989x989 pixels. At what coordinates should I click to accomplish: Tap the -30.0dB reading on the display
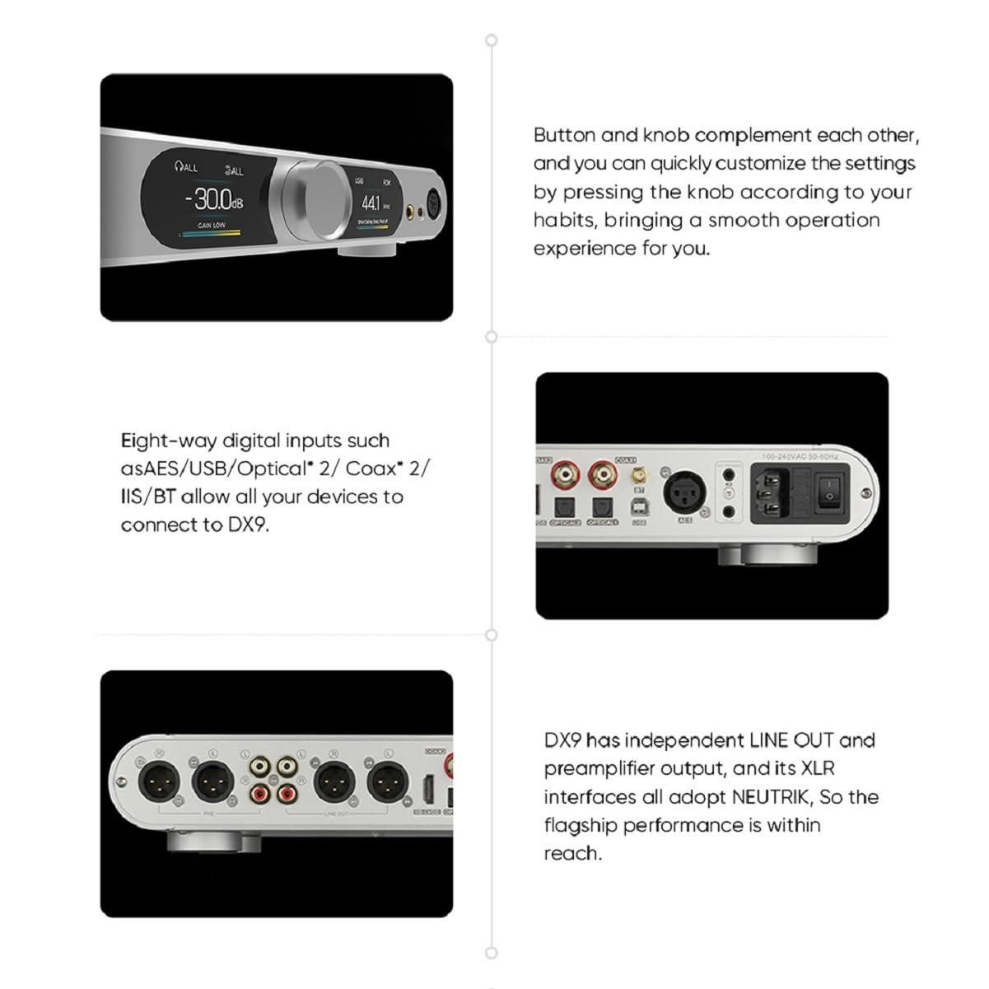(213, 199)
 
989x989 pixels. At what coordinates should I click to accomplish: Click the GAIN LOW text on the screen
(211, 225)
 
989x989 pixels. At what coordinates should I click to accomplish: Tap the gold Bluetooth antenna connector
(637, 476)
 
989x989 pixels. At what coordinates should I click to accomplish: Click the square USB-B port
(640, 506)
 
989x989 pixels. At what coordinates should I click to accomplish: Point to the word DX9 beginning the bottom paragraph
(562, 740)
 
